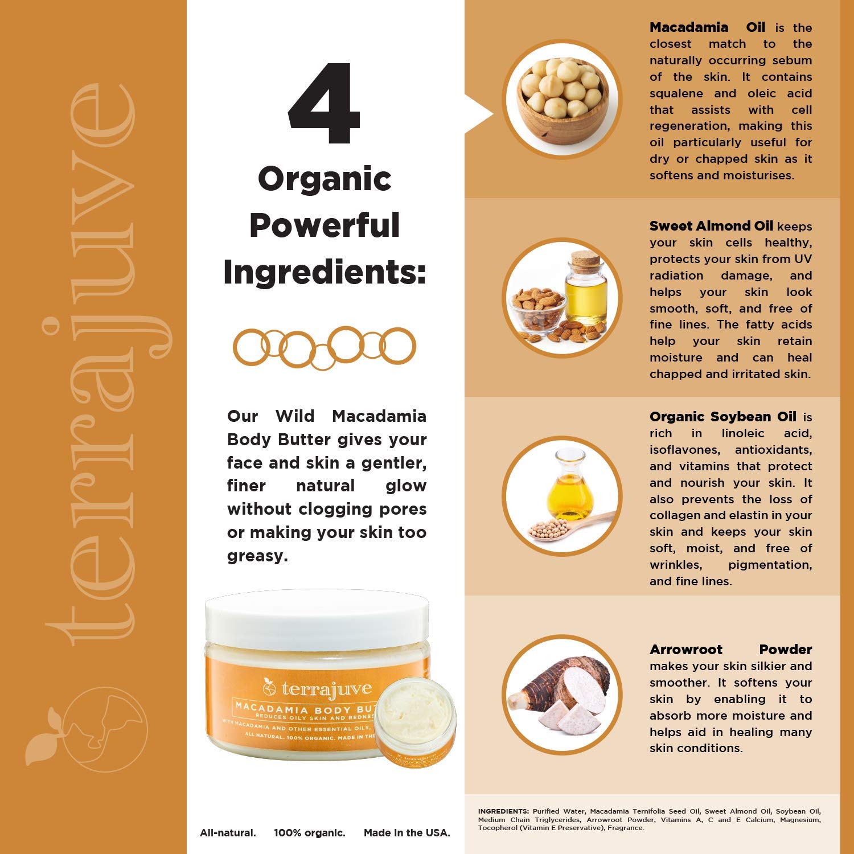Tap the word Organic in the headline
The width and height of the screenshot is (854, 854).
point(325,179)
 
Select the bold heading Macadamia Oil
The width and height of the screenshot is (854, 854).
point(707,27)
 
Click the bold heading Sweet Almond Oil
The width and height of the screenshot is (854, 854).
point(711,226)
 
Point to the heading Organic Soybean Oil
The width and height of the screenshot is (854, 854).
point(722,417)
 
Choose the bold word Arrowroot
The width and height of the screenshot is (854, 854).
point(685,650)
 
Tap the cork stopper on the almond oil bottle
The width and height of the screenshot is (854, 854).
point(586,262)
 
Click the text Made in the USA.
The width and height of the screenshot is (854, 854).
point(407,833)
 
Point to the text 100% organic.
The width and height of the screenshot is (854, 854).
point(309,833)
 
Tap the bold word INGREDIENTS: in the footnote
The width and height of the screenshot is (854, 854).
point(503,811)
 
